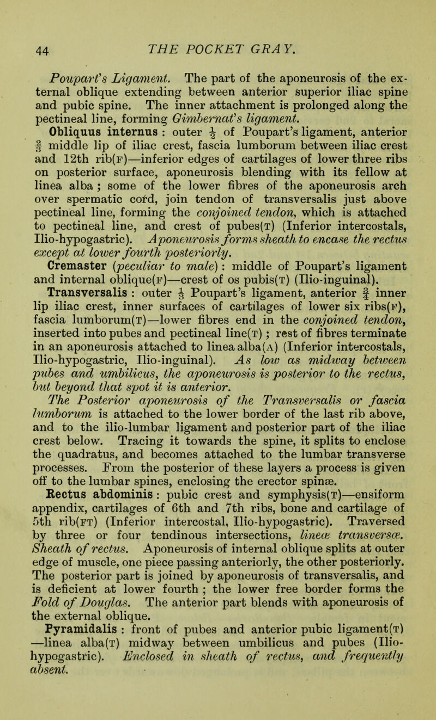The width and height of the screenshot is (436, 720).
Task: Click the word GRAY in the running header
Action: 279,36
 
